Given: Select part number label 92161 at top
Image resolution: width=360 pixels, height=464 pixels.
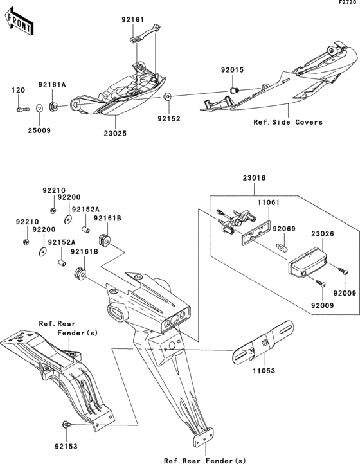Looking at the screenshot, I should click(134, 20).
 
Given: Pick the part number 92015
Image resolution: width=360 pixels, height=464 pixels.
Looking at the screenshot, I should click(233, 71).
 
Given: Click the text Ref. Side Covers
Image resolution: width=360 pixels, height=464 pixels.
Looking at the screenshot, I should click(288, 122).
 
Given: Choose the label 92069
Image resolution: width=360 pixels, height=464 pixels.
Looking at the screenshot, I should click(283, 228).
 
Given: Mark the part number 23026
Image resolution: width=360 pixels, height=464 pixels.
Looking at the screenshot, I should click(323, 235).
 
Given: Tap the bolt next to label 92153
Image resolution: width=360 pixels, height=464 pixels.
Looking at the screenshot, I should click(67, 425).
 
